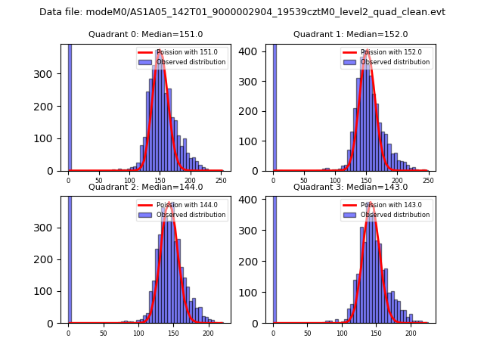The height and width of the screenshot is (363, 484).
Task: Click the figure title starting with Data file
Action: click(242, 12)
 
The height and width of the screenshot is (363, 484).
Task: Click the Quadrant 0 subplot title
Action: click(145, 34)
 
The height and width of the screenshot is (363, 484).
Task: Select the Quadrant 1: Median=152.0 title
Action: click(350, 34)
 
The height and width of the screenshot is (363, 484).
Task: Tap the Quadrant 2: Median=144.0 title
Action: click(145, 187)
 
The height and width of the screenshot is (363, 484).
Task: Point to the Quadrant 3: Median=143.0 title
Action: click(350, 187)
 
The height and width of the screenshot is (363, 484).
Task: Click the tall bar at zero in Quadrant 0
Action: click(69, 106)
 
